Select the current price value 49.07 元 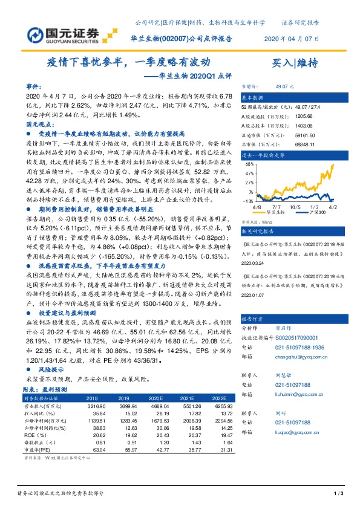point(284,86)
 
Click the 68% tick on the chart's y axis point(249,163)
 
